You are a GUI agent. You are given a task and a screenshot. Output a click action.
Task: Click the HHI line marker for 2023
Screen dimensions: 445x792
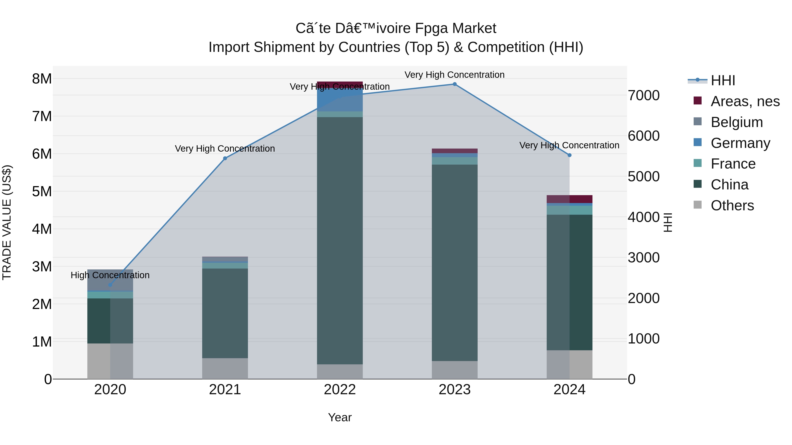click(455, 84)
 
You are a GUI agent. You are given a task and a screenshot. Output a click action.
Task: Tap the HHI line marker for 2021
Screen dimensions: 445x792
click(225, 158)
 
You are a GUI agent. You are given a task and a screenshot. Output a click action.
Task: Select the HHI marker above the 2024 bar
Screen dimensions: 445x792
click(569, 155)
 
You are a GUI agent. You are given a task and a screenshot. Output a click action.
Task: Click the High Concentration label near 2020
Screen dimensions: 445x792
click(110, 275)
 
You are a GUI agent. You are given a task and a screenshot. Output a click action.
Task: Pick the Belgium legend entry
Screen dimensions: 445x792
click(737, 122)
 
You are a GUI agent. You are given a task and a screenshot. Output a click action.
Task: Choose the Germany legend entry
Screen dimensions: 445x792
click(740, 143)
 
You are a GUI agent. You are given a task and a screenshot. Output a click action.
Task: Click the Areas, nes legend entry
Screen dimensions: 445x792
click(745, 101)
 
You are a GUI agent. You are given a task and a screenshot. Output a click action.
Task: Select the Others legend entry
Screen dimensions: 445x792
click(732, 205)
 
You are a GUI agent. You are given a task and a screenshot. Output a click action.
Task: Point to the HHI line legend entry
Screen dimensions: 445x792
click(722, 80)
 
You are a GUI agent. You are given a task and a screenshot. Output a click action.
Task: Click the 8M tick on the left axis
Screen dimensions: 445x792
click(42, 79)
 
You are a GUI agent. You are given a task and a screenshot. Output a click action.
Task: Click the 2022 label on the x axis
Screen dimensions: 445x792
click(340, 389)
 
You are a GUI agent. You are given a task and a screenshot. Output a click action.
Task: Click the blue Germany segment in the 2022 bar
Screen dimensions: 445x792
click(340, 100)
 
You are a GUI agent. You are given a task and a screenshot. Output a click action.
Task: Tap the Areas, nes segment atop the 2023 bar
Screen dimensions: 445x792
click(455, 151)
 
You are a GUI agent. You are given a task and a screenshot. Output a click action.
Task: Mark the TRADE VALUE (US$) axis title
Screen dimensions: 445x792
click(7, 222)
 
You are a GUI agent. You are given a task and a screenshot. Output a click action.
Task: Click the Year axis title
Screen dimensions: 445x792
click(340, 417)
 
